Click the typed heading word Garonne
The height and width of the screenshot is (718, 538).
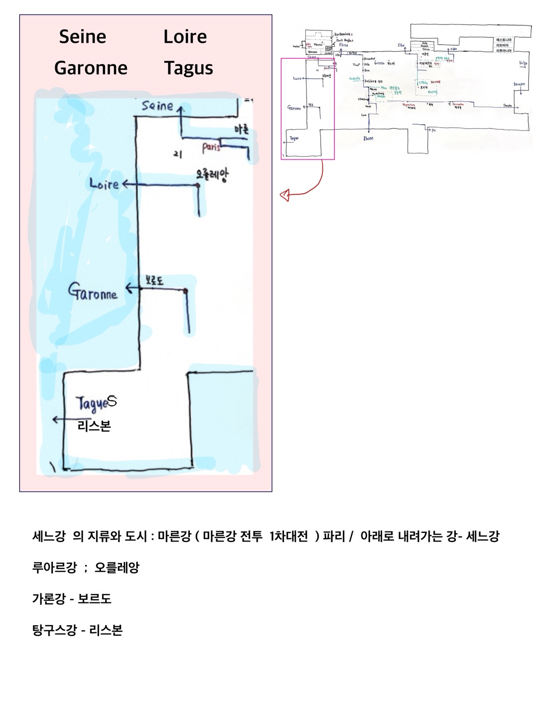91,68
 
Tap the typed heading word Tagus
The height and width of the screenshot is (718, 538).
188,68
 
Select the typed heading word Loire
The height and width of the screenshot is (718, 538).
185,36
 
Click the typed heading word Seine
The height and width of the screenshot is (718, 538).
82,36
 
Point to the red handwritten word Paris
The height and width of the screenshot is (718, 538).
211,148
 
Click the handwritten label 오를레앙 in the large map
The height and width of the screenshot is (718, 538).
212,175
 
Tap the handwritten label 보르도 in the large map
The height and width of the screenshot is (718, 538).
154,281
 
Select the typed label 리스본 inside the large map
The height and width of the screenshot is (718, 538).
94,426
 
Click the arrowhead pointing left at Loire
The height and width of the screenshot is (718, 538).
125,184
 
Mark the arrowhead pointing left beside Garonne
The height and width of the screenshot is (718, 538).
128,288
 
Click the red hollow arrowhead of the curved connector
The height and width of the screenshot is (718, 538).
285,196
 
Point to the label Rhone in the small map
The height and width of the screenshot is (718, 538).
368,138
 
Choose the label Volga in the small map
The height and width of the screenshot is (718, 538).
523,63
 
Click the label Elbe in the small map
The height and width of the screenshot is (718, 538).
401,45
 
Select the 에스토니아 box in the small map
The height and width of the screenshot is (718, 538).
503,39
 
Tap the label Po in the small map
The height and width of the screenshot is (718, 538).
433,130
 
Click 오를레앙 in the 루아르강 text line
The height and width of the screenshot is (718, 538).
117,567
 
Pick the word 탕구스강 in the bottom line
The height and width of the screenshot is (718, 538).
55,630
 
